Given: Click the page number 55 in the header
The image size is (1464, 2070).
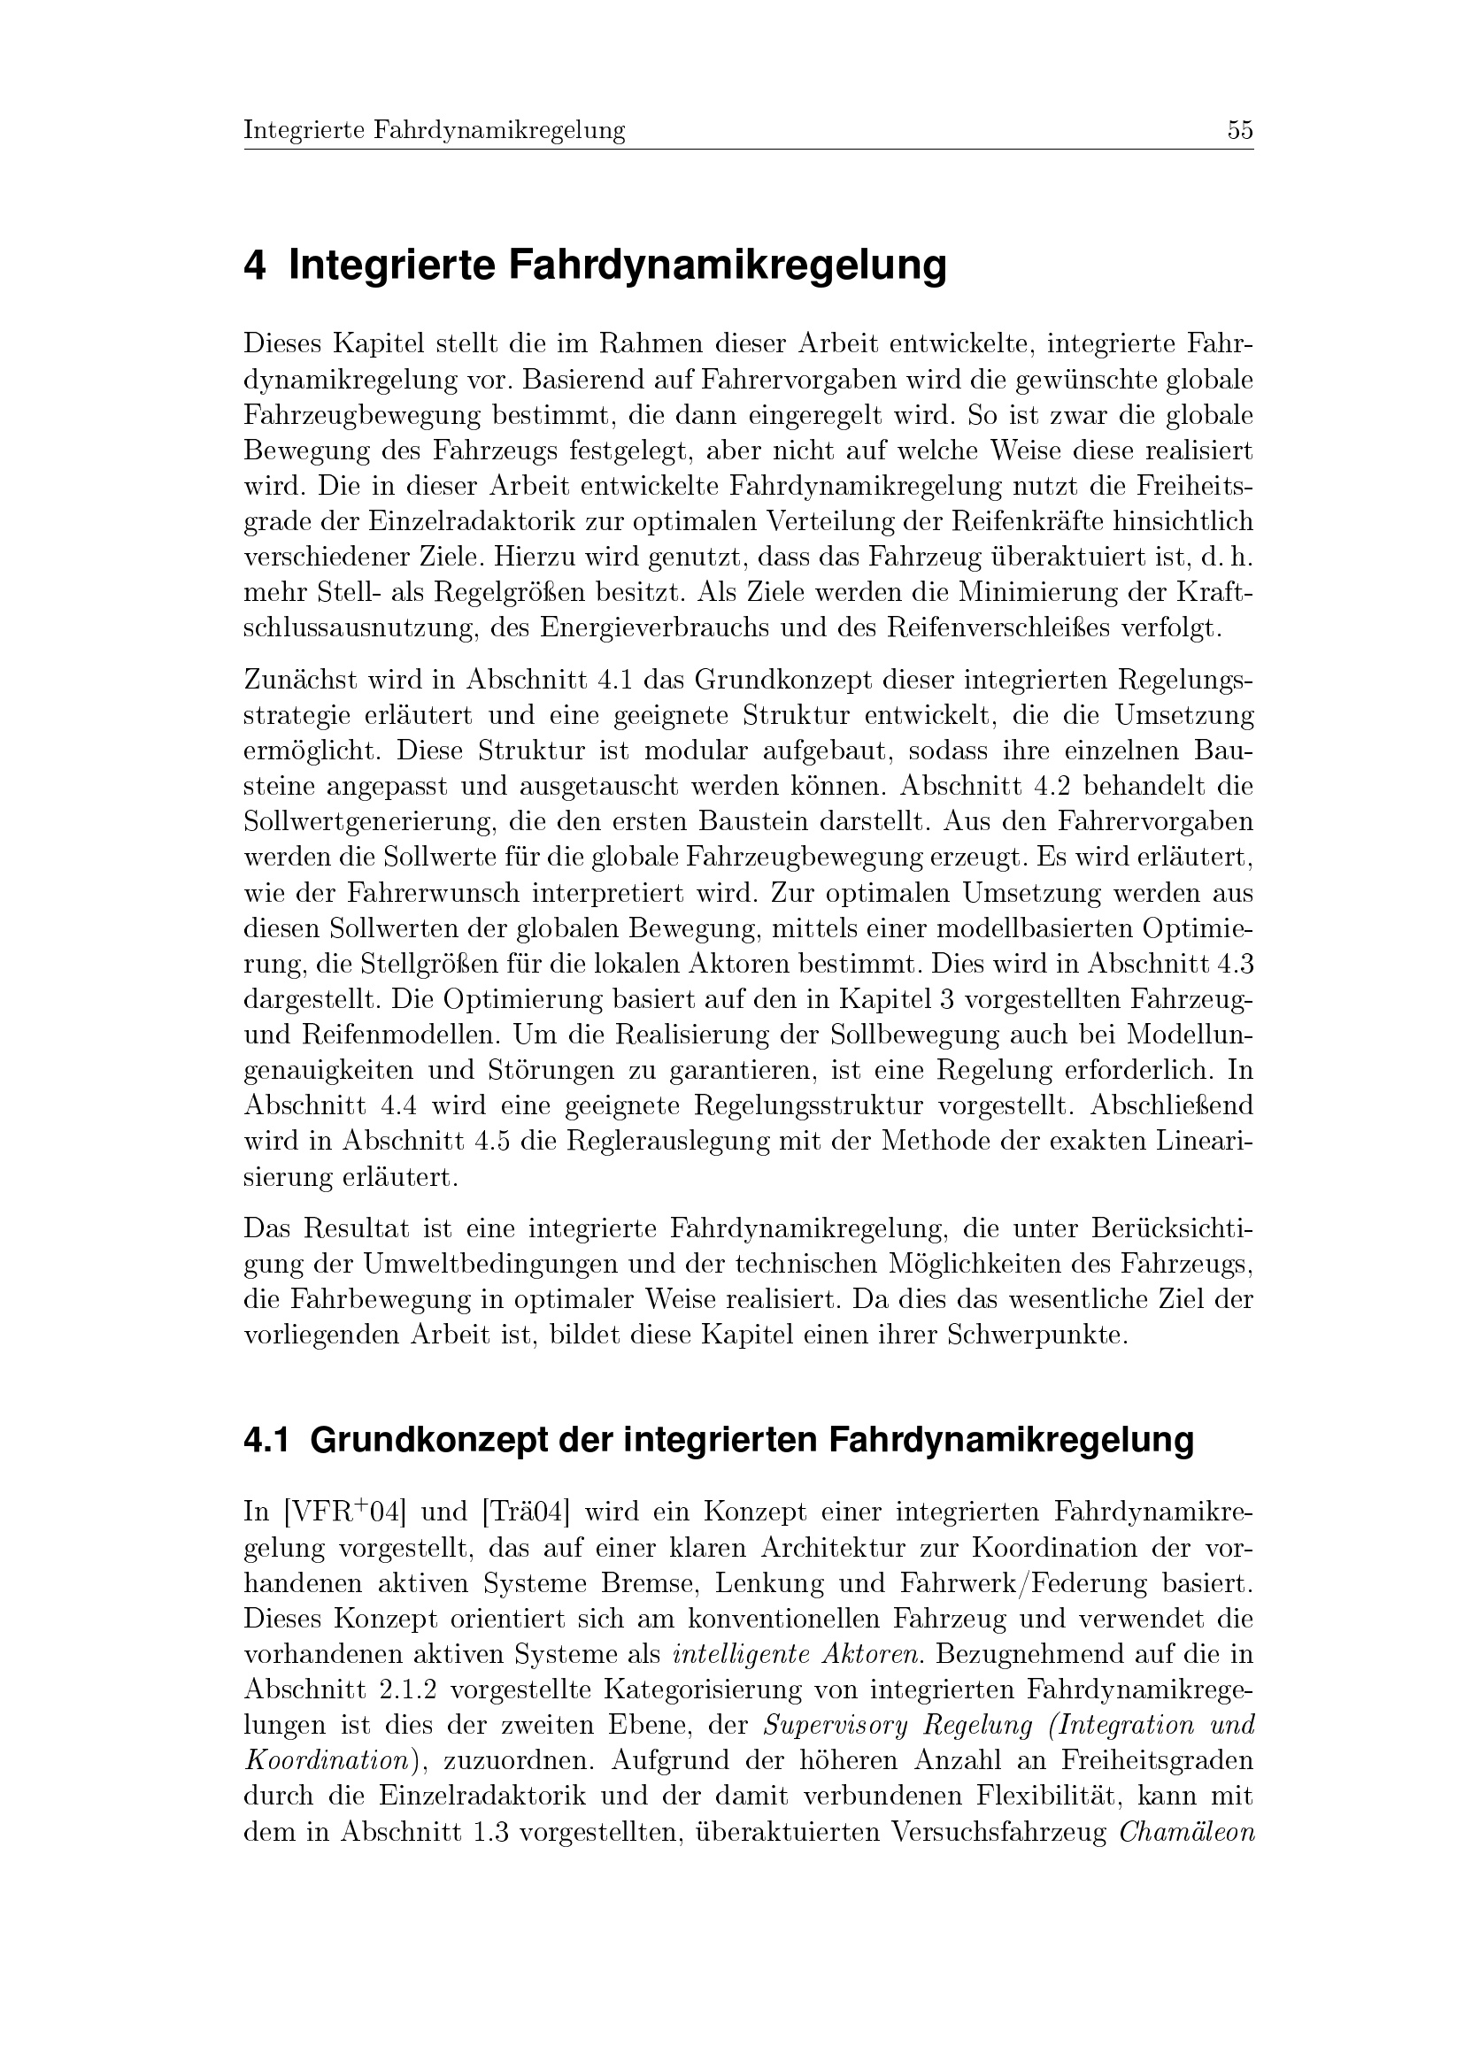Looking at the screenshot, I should pyautogui.click(x=1239, y=131).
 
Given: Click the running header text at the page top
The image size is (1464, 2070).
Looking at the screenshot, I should pyautogui.click(x=435, y=131).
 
